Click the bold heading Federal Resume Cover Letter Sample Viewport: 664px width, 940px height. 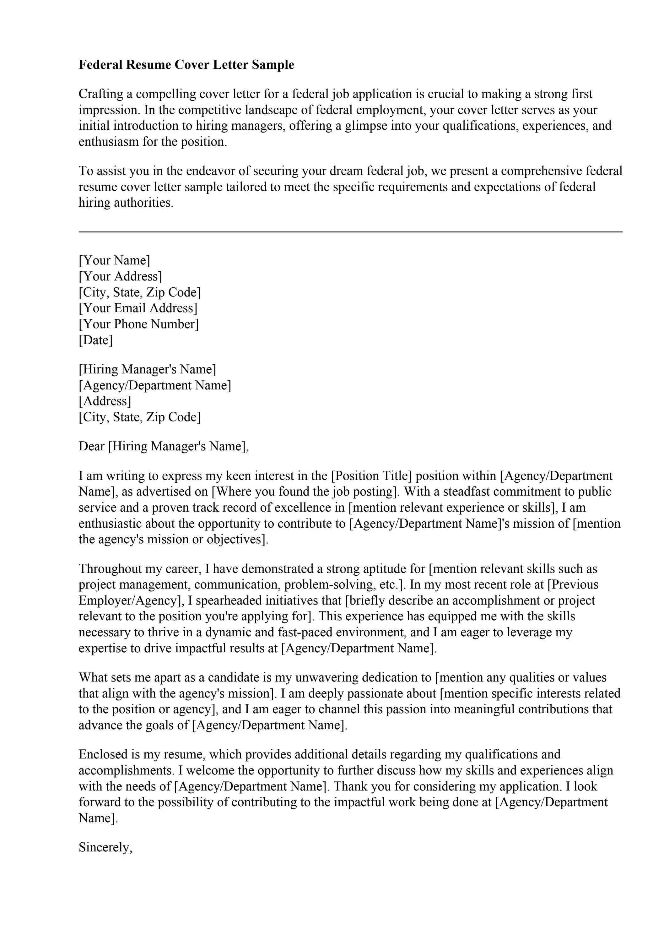click(x=186, y=65)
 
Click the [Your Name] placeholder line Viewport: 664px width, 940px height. click(x=114, y=260)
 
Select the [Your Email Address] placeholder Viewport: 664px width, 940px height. click(x=138, y=308)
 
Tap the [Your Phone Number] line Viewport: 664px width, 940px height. click(x=139, y=324)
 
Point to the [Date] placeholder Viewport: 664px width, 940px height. click(x=95, y=340)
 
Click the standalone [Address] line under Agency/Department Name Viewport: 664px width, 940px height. click(x=105, y=401)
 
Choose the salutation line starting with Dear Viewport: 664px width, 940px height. click(x=164, y=446)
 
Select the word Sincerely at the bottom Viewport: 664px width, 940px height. click(x=105, y=847)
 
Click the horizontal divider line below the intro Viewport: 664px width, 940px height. click(x=350, y=232)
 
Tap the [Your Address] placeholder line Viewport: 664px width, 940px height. click(x=120, y=276)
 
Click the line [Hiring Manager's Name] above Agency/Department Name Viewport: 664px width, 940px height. click(x=147, y=369)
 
